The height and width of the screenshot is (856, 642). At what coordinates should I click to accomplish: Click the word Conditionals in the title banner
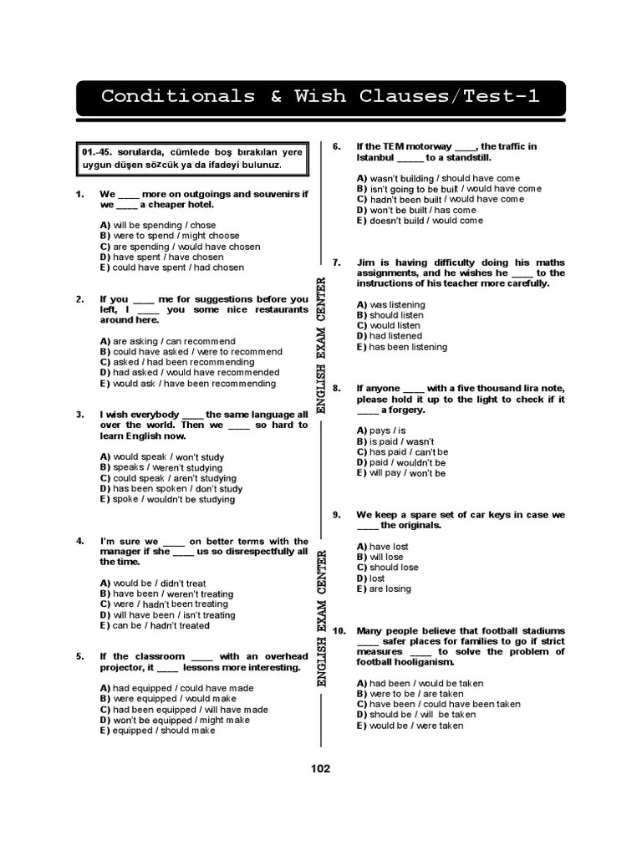[178, 96]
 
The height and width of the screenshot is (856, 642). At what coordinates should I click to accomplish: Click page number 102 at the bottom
[320, 769]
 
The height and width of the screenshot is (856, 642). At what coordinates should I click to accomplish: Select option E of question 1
[172, 267]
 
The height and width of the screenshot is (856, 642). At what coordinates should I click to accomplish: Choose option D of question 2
[190, 373]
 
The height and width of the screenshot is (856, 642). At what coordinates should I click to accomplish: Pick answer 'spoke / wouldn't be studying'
[167, 499]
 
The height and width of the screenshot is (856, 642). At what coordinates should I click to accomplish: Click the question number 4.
[80, 542]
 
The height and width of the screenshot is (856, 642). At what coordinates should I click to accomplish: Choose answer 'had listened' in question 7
[390, 336]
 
